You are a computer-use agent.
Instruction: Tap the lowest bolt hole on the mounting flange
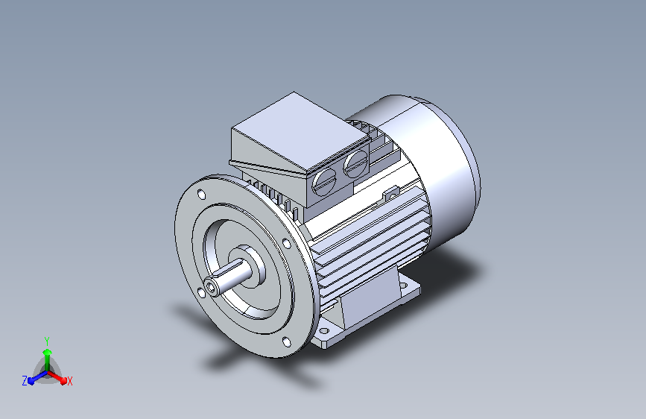coord(286,342)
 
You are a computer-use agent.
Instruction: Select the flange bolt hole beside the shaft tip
coord(201,293)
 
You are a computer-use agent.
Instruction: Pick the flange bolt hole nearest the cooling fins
coord(286,243)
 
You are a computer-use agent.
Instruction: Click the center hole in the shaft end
coord(212,287)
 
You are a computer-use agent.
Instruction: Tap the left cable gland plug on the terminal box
coord(325,180)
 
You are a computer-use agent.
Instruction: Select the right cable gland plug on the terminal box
coord(356,163)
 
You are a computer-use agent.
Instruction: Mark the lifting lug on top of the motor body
coord(391,192)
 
